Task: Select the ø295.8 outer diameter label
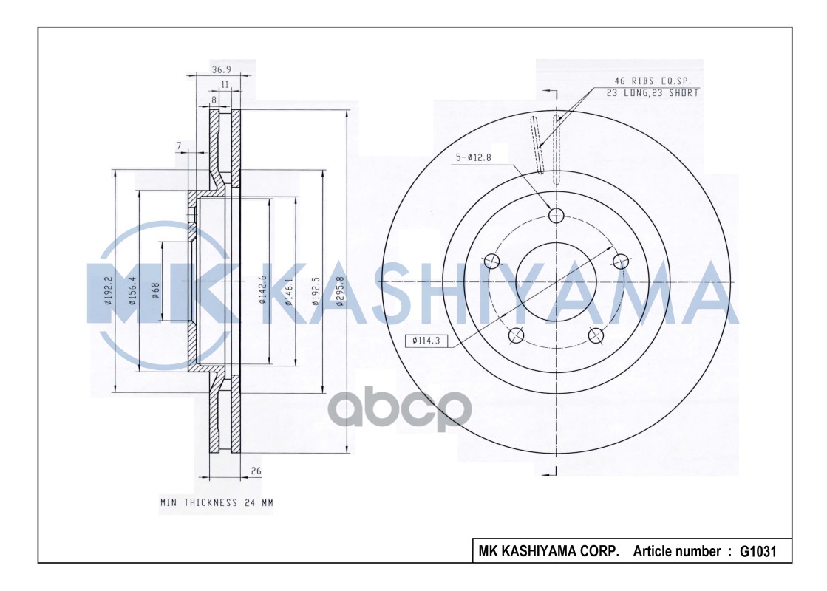(x=340, y=289)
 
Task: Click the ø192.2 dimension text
(x=108, y=290)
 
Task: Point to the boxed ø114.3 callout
(x=426, y=341)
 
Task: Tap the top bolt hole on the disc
(x=557, y=215)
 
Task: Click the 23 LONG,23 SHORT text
(x=653, y=92)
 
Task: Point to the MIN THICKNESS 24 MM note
(x=217, y=502)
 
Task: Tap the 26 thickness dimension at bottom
(x=256, y=471)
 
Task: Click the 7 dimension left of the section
(x=180, y=145)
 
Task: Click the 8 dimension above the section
(x=214, y=98)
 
